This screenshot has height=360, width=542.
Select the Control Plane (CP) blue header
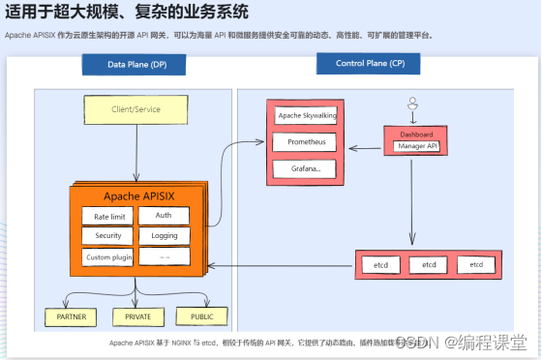(x=370, y=65)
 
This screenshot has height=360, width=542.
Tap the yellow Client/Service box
(x=135, y=109)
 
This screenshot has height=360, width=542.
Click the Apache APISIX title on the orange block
(x=135, y=197)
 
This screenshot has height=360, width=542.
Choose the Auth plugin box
(x=164, y=216)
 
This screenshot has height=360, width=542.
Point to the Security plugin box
(x=107, y=236)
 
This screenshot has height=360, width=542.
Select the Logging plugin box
(x=164, y=236)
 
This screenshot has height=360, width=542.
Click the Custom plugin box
(x=107, y=257)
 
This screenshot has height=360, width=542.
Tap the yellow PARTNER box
(x=71, y=316)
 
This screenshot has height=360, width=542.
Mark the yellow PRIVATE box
(x=138, y=316)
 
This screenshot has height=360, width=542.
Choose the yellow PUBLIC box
(x=201, y=315)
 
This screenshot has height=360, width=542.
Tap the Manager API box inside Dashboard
(x=417, y=146)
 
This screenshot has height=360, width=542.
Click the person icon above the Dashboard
(x=412, y=104)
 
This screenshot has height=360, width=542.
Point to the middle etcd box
(x=429, y=264)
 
